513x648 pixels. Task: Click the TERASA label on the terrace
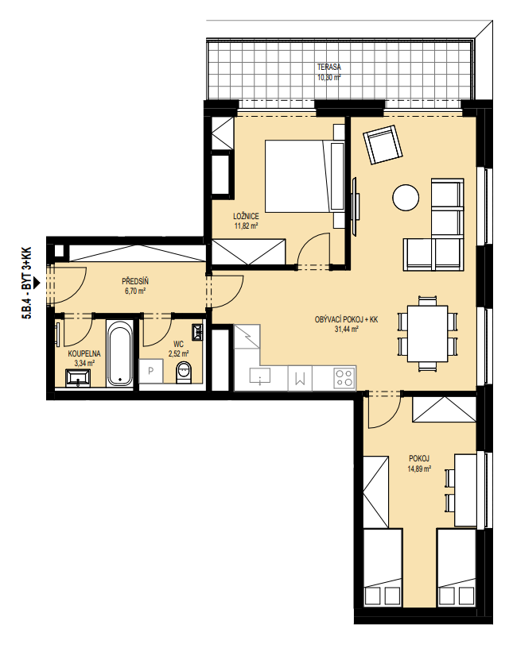(x=328, y=67)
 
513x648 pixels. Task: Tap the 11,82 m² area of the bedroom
(x=246, y=226)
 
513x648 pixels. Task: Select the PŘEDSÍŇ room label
(x=135, y=281)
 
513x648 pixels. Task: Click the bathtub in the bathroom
(x=120, y=353)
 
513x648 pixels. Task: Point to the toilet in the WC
(x=184, y=372)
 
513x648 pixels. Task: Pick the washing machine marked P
(x=150, y=371)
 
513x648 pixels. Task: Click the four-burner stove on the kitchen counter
(x=344, y=378)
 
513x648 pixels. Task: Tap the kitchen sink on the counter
(x=260, y=376)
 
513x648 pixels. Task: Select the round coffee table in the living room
(x=406, y=197)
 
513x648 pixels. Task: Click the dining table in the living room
(x=427, y=334)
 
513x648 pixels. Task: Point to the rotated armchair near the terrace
(x=383, y=145)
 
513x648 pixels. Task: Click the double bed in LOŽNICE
(x=305, y=176)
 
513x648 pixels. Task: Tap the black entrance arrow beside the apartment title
(x=37, y=283)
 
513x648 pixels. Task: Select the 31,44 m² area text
(x=346, y=330)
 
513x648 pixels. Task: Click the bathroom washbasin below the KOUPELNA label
(x=78, y=378)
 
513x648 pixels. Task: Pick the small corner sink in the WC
(x=198, y=331)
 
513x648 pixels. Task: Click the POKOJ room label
(x=419, y=458)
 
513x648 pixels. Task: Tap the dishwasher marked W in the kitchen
(x=300, y=378)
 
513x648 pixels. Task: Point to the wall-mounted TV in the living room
(x=356, y=206)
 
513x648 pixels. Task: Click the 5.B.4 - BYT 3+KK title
(x=26, y=283)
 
